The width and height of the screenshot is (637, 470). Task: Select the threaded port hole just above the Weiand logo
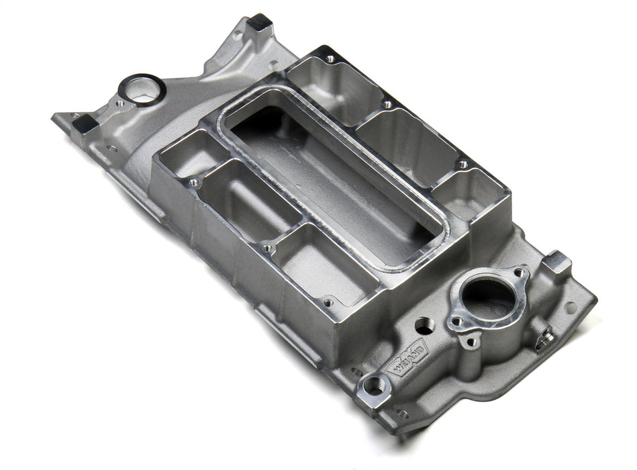click(424, 326)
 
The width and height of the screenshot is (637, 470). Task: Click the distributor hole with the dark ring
click(142, 89)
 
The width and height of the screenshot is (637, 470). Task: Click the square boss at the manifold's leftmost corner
click(86, 123)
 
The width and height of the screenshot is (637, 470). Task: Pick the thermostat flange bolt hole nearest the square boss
click(518, 273)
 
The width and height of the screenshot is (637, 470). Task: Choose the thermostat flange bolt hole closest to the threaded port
click(456, 320)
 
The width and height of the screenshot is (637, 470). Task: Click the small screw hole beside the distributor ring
click(119, 104)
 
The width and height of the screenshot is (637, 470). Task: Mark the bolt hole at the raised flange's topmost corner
click(330, 59)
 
